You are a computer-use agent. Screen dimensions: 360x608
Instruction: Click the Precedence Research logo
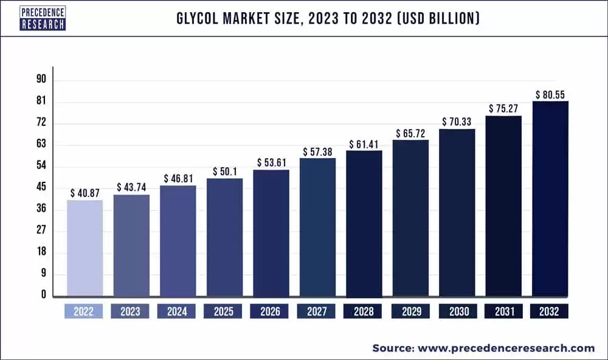(x=43, y=18)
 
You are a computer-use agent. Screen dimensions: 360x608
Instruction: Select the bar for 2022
(x=85, y=247)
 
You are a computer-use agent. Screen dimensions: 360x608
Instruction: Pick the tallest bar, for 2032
(x=550, y=198)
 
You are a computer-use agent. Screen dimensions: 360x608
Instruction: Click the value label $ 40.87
(x=85, y=193)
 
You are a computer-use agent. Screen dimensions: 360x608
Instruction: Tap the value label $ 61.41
(x=364, y=144)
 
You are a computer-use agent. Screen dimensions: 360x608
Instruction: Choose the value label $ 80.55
(x=550, y=94)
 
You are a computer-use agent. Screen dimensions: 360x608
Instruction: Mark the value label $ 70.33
(x=457, y=122)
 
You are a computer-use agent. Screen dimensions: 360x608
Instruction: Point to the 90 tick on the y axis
(x=41, y=80)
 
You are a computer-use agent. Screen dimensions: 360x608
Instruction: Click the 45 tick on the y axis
(x=41, y=187)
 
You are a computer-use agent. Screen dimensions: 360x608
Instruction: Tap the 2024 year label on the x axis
(x=178, y=311)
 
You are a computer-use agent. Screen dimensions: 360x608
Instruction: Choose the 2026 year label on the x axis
(x=271, y=311)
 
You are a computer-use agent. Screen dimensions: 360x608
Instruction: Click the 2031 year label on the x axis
(x=503, y=311)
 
